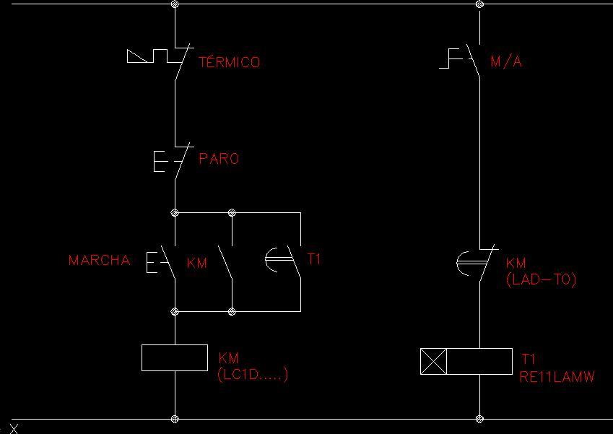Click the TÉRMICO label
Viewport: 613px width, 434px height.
click(229, 62)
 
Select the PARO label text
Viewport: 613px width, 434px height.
click(219, 158)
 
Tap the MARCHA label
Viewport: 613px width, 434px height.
click(100, 260)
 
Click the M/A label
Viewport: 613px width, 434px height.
click(506, 61)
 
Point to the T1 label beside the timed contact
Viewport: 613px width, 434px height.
click(314, 259)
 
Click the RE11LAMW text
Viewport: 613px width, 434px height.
click(557, 376)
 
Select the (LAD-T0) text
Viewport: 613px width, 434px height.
click(541, 279)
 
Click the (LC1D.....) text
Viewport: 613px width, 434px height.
click(253, 374)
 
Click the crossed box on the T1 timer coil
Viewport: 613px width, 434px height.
click(433, 361)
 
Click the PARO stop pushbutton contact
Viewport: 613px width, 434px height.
click(173, 160)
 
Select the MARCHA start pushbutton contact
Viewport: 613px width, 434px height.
click(161, 261)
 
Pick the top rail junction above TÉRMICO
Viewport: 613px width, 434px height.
click(175, 4)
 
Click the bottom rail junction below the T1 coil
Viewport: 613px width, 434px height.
click(479, 419)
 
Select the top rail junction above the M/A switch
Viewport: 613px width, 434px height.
click(479, 4)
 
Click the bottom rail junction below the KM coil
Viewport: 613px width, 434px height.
click(175, 419)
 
